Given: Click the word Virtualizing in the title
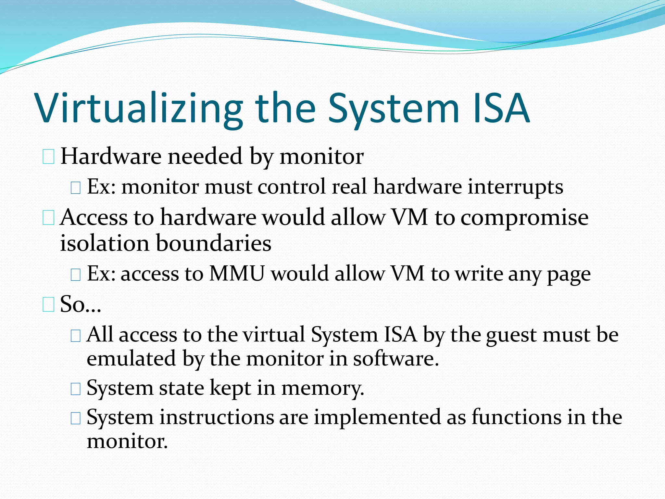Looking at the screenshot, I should pyautogui.click(x=140, y=109).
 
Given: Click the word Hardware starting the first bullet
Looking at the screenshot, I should pyautogui.click(x=111, y=157).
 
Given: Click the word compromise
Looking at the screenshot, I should pyautogui.click(x=524, y=217).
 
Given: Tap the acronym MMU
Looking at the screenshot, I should pyautogui.click(x=237, y=274).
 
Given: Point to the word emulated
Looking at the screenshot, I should pyautogui.click(x=131, y=359).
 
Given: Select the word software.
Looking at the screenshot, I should pyautogui.click(x=395, y=359).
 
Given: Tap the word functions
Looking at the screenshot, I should pyautogui.click(x=516, y=417).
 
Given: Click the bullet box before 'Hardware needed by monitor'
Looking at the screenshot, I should pyautogui.click(x=48, y=157).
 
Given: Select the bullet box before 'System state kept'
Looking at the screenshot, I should pyautogui.click(x=75, y=389).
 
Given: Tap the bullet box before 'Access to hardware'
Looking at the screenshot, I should pyautogui.click(x=48, y=218).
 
